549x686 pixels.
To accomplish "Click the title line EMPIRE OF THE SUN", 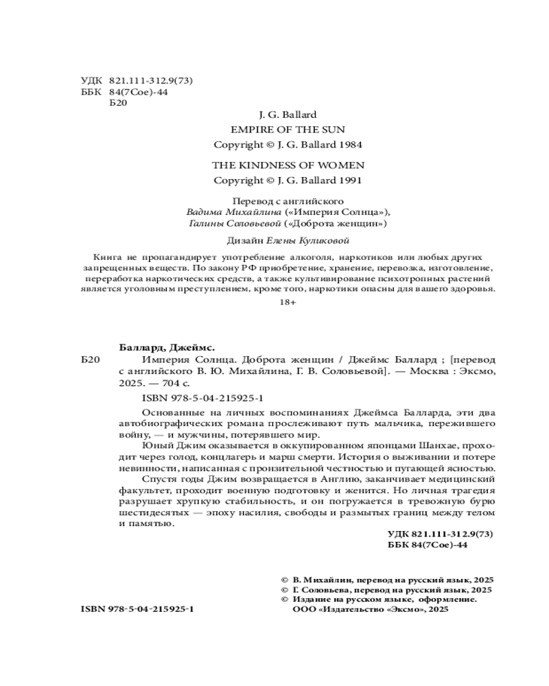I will [x=288, y=129].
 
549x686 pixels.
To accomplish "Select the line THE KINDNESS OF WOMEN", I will [x=288, y=165].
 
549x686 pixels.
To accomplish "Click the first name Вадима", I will [x=203, y=212].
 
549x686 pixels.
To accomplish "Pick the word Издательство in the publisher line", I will [x=354, y=610].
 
